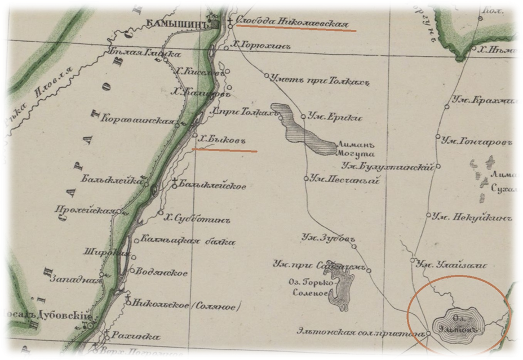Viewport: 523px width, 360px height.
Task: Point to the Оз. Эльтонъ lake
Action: pyautogui.click(x=459, y=322)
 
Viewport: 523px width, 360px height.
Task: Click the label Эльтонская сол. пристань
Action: pyautogui.click(x=360, y=334)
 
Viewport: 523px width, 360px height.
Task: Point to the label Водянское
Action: pyautogui.click(x=162, y=273)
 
